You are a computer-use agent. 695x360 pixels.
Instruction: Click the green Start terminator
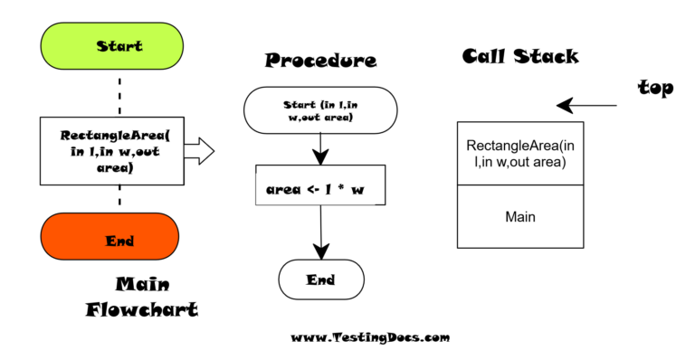tap(119, 45)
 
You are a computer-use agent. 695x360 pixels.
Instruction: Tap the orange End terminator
tap(119, 242)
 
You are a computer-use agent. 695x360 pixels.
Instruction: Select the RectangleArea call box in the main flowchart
tap(119, 151)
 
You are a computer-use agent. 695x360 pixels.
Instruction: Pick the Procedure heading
tap(320, 62)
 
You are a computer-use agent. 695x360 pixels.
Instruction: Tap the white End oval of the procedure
tap(320, 279)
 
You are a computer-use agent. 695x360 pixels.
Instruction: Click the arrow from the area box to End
tap(320, 238)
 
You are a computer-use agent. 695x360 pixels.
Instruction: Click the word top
tap(655, 89)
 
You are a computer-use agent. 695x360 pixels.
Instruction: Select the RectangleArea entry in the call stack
tap(520, 154)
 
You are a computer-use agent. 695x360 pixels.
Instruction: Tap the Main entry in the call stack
tap(520, 217)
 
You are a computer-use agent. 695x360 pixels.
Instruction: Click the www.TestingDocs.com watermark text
tap(369, 337)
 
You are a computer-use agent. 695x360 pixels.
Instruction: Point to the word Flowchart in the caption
tap(142, 309)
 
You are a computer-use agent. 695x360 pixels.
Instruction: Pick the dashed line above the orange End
tap(119, 199)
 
